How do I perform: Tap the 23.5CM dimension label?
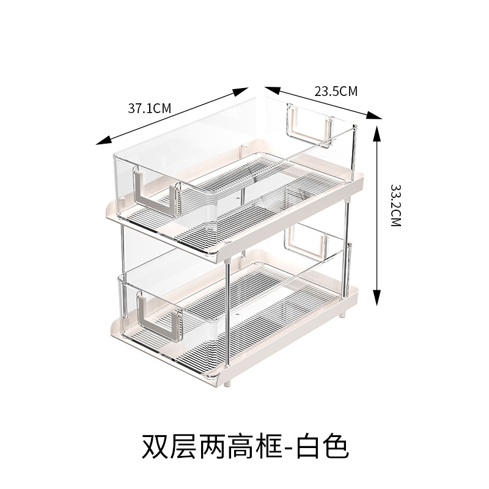tap(336, 92)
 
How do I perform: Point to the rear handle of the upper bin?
tap(309, 125)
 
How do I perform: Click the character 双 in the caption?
tap(155, 446)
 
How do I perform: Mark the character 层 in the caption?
tap(182, 446)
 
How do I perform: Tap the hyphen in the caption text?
tap(287, 447)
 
